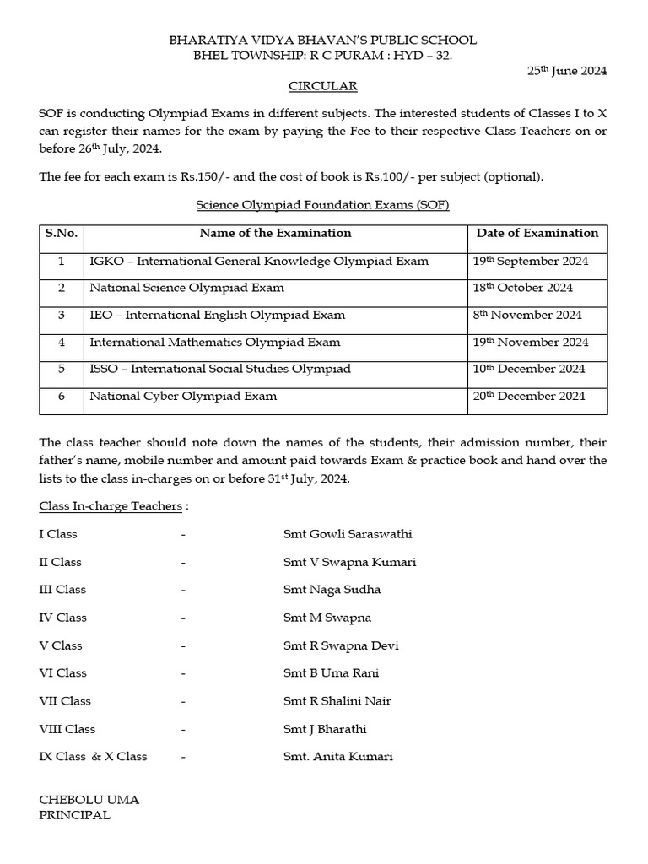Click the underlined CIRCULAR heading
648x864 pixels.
pos(323,86)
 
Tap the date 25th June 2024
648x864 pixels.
pos(567,71)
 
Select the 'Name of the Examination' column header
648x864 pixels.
pos(275,234)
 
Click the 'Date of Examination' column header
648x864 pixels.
pos(537,234)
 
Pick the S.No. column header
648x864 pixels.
pos(62,234)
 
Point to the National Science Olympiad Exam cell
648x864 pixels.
pos(186,288)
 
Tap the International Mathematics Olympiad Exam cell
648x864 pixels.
pos(215,342)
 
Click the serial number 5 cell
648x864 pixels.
pos(62,369)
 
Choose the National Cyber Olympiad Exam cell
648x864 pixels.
pos(183,396)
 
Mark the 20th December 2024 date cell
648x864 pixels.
pos(529,396)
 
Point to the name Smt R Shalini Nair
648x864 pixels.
pos(337,701)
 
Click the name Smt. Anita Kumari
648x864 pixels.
pos(338,757)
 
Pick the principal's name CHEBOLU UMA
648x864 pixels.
pos(89,800)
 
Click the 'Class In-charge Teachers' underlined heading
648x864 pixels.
pos(111,506)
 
